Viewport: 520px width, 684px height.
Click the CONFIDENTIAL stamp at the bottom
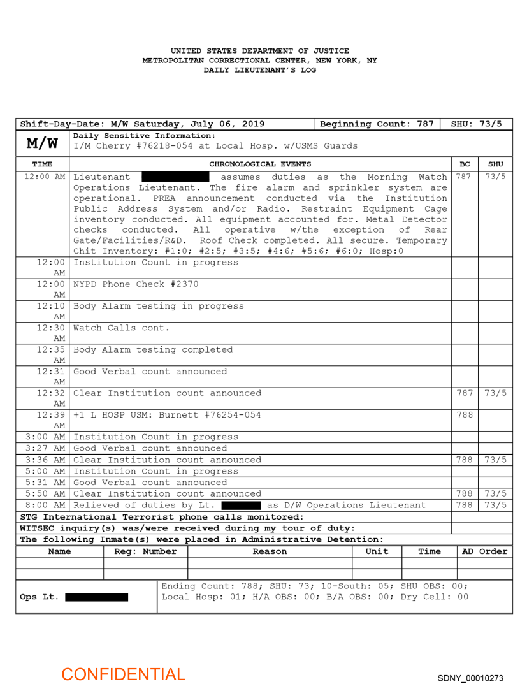123,674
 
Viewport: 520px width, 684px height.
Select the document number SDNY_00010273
470,678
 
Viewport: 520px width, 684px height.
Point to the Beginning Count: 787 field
377,124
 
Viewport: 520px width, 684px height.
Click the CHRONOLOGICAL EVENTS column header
260,164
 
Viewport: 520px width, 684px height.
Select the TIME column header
42,164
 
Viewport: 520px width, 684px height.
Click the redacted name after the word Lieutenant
175,177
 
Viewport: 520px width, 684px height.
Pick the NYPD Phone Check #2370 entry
136,284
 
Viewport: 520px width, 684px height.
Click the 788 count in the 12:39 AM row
465,415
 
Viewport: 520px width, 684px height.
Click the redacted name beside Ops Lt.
96,597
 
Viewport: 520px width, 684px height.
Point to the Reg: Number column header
145,551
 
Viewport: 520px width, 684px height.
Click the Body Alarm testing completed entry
153,349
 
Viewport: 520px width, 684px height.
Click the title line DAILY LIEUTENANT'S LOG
259,70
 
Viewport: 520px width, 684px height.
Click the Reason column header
270,551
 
